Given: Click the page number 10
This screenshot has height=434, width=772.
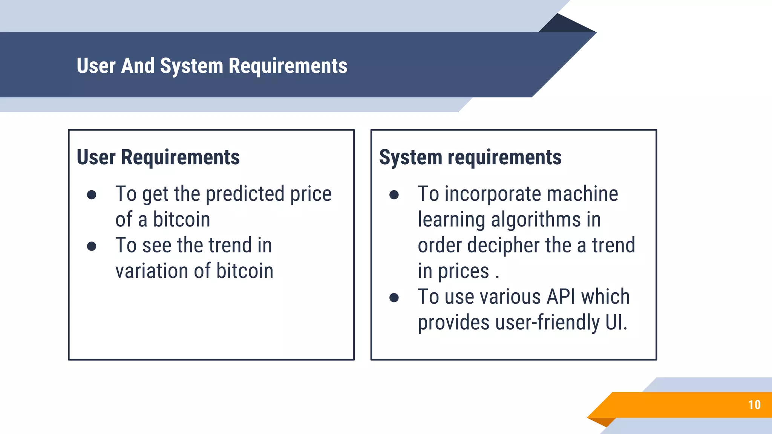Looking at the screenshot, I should point(754,405).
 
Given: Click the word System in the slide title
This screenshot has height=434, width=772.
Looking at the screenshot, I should point(191,66).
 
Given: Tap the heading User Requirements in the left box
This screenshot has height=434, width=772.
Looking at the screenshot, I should point(158,157).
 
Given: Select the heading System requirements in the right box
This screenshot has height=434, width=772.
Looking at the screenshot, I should point(470,157).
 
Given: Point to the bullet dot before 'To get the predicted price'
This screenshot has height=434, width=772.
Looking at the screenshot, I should point(92,195).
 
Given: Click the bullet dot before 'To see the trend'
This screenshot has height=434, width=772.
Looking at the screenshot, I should point(92,246).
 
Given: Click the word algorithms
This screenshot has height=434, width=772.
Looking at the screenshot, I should point(536,220).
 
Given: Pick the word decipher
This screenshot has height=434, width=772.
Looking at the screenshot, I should point(503,246).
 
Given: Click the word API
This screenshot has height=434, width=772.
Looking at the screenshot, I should point(561,297).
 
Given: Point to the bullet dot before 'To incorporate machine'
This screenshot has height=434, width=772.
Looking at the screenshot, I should point(394,195).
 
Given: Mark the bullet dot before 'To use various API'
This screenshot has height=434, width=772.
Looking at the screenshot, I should point(394,298).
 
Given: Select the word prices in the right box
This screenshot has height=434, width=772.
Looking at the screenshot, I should point(463,271).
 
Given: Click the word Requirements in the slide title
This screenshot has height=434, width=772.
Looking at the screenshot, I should point(288,66).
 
